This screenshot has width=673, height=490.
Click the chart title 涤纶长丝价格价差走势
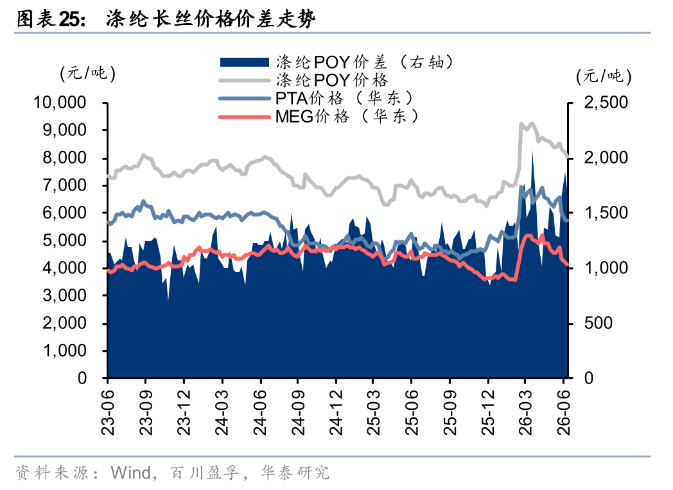[x=211, y=19]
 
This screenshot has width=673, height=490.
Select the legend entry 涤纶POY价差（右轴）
[x=336, y=62]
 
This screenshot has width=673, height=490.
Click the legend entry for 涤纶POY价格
[x=304, y=80]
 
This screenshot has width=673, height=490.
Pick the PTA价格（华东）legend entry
[x=316, y=98]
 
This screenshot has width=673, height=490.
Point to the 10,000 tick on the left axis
[x=60, y=103]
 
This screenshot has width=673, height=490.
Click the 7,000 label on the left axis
[x=64, y=185]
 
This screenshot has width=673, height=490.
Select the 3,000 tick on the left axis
[x=64, y=296]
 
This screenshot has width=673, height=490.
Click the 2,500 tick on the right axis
[x=606, y=103]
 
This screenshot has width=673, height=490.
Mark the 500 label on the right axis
[x=598, y=323]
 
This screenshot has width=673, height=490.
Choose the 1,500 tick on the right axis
[x=606, y=213]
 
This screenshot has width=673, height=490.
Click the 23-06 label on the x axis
[x=108, y=412]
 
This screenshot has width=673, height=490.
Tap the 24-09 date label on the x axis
[x=298, y=412]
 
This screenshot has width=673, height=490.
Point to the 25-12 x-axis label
[x=488, y=412]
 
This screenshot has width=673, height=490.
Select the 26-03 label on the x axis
[x=526, y=412]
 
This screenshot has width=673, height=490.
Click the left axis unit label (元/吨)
[x=87, y=73]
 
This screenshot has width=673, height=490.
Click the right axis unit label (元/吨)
[x=604, y=76]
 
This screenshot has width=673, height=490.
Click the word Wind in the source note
[x=131, y=473]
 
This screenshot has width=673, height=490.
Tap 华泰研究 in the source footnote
[x=295, y=473]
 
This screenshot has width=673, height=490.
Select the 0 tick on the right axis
[x=588, y=378]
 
